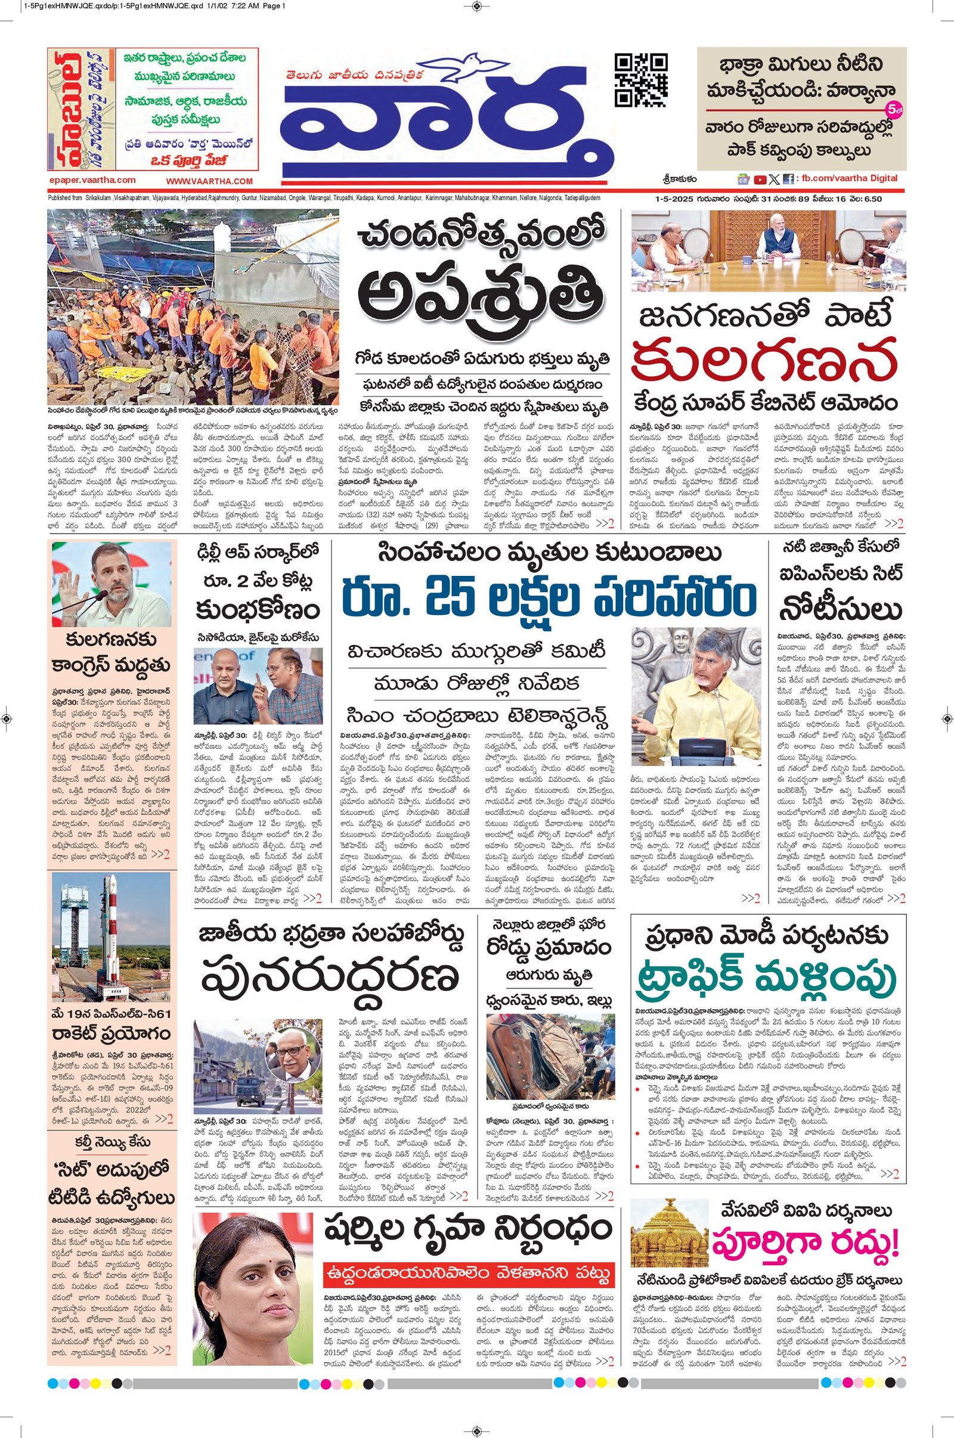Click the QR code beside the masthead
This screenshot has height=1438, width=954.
642,80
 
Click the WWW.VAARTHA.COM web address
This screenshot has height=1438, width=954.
209,181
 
